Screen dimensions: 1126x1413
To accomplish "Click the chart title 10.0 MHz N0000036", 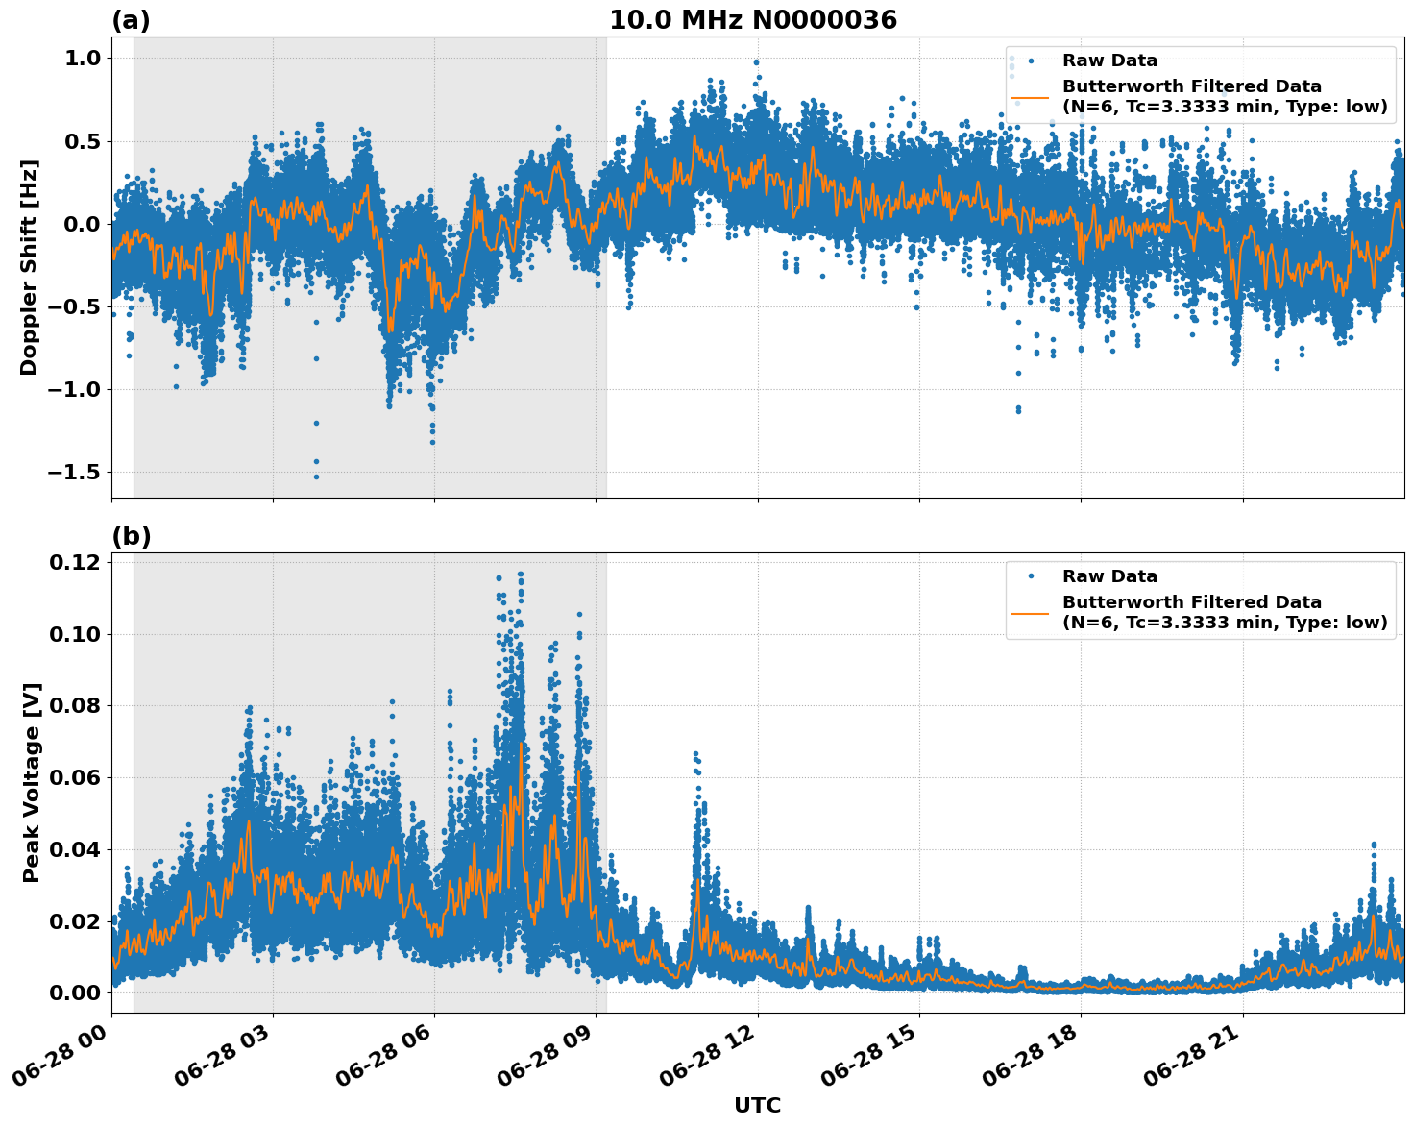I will pyautogui.click(x=753, y=20).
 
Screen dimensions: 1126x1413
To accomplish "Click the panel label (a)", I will pyautogui.click(x=131, y=20).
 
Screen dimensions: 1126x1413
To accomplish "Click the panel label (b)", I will pyautogui.click(x=131, y=537).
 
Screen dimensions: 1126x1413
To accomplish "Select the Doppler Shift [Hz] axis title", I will pyautogui.click(x=29, y=267).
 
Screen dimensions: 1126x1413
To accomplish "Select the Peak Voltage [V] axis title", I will pyautogui.click(x=32, y=782).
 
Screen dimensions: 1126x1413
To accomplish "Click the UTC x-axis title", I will pyautogui.click(x=757, y=1105).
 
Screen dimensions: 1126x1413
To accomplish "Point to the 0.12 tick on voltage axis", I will pyautogui.click(x=74, y=562).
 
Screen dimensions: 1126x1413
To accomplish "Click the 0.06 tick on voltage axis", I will pyautogui.click(x=74, y=777).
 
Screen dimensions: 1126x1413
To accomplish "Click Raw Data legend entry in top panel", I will pyautogui.click(x=1109, y=61).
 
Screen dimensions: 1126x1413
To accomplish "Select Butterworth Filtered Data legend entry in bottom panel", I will pyautogui.click(x=1224, y=612).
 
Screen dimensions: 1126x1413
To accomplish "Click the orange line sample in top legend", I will pyautogui.click(x=1031, y=97).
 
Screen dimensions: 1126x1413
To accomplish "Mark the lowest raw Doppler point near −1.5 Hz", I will pyautogui.click(x=316, y=477).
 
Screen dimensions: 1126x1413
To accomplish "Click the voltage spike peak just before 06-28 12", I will pyautogui.click(x=695, y=754).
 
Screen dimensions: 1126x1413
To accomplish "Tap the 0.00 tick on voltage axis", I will pyautogui.click(x=74, y=992).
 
